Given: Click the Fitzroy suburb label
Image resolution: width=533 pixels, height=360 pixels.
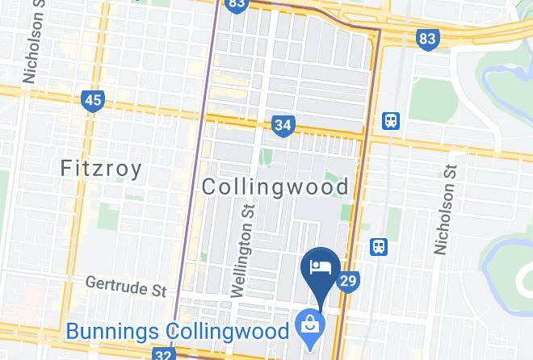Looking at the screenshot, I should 102,169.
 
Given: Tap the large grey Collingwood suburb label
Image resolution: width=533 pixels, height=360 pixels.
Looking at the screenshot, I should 275,187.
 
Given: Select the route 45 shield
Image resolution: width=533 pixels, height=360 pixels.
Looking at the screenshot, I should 93,101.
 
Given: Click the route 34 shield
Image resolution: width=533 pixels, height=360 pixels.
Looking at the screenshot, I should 283,125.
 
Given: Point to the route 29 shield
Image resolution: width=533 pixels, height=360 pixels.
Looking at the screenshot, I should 348,281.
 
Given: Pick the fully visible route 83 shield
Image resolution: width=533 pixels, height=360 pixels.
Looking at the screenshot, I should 428,38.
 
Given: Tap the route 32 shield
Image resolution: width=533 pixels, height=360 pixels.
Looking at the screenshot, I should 163,354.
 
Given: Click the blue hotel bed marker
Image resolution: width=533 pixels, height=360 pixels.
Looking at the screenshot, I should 321,267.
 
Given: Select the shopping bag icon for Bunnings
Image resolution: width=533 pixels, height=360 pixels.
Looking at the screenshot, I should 309,325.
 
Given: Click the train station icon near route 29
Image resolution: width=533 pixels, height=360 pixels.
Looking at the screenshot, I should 377,247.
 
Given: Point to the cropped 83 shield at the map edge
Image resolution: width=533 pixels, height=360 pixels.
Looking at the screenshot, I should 236,4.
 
